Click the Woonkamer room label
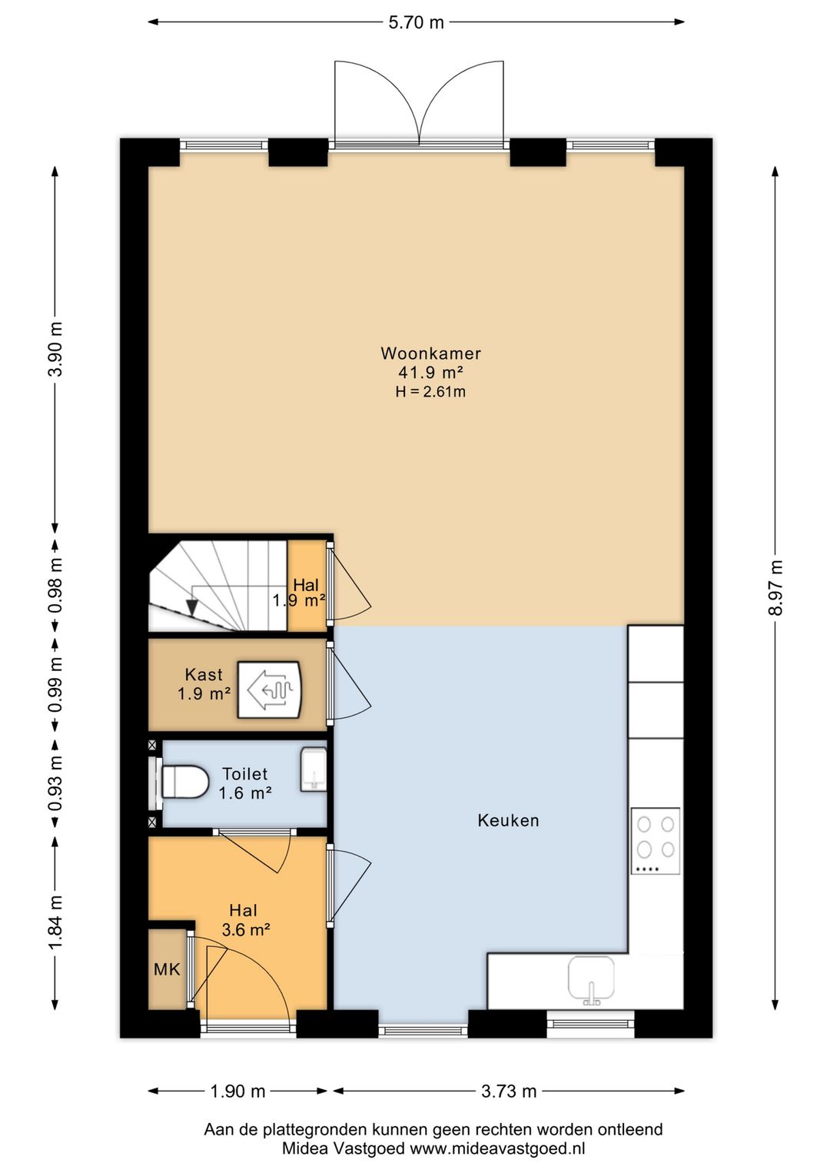click(x=430, y=354)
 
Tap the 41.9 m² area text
click(x=430, y=372)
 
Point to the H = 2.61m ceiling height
click(x=430, y=392)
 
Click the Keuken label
click(x=508, y=820)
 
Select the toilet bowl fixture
click(x=180, y=782)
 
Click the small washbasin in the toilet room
click(x=313, y=769)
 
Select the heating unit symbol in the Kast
click(x=270, y=690)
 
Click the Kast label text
click(x=204, y=674)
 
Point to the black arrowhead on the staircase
click(x=192, y=606)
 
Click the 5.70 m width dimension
click(x=416, y=22)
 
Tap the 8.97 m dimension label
click(x=775, y=587)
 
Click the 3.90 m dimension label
click(x=55, y=348)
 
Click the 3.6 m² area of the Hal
click(x=246, y=930)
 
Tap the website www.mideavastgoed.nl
click(x=497, y=1148)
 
